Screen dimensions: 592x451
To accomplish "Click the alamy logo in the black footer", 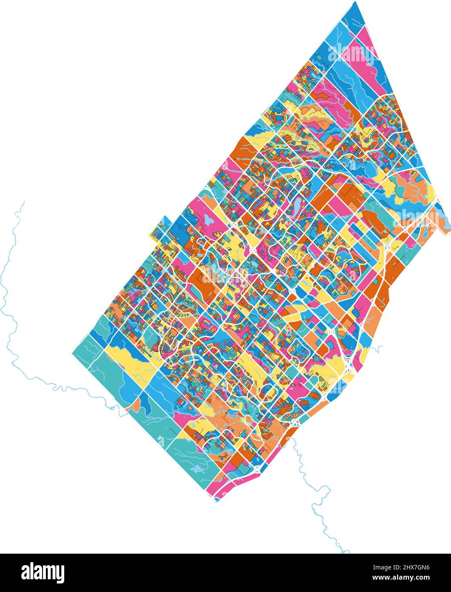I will [43, 572].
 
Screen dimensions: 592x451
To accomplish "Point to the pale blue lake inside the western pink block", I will [209, 220].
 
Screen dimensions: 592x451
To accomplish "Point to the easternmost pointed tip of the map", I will [449, 232].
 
